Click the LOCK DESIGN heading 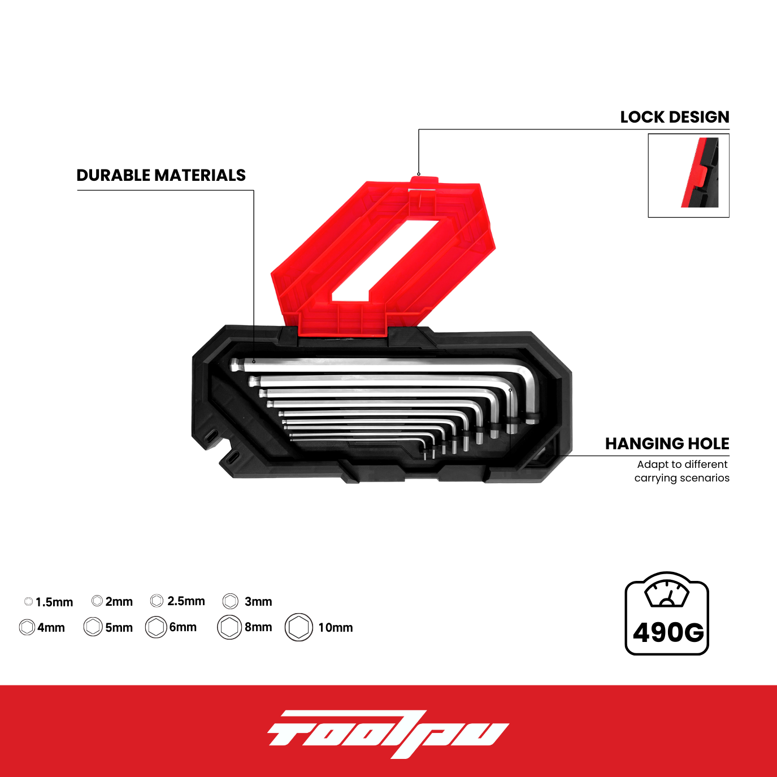[675, 117]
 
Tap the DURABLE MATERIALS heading [161, 175]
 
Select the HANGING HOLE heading [667, 444]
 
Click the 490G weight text [668, 632]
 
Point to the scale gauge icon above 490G [666, 591]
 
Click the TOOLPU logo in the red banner [388, 733]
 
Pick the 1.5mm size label [54, 602]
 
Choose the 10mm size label [336, 627]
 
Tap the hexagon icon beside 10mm [299, 627]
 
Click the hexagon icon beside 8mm [229, 627]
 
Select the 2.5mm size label [186, 601]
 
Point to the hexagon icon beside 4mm [27, 627]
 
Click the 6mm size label [183, 627]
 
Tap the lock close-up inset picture [689, 175]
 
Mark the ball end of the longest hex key [235, 364]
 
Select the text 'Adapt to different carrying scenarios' [682, 471]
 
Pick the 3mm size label [258, 602]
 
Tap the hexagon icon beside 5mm [93, 627]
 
